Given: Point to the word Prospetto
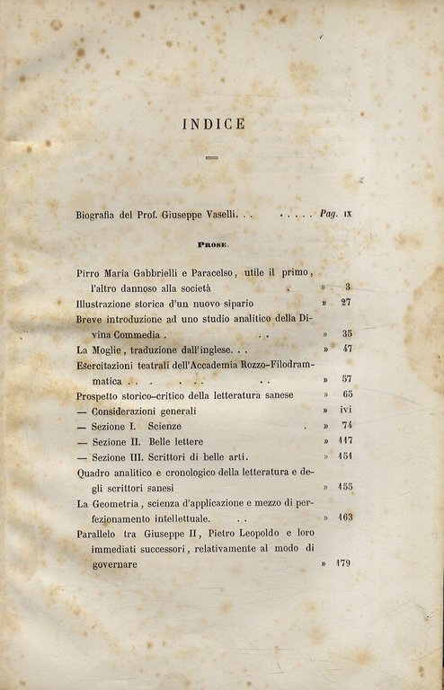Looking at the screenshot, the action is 104,395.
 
